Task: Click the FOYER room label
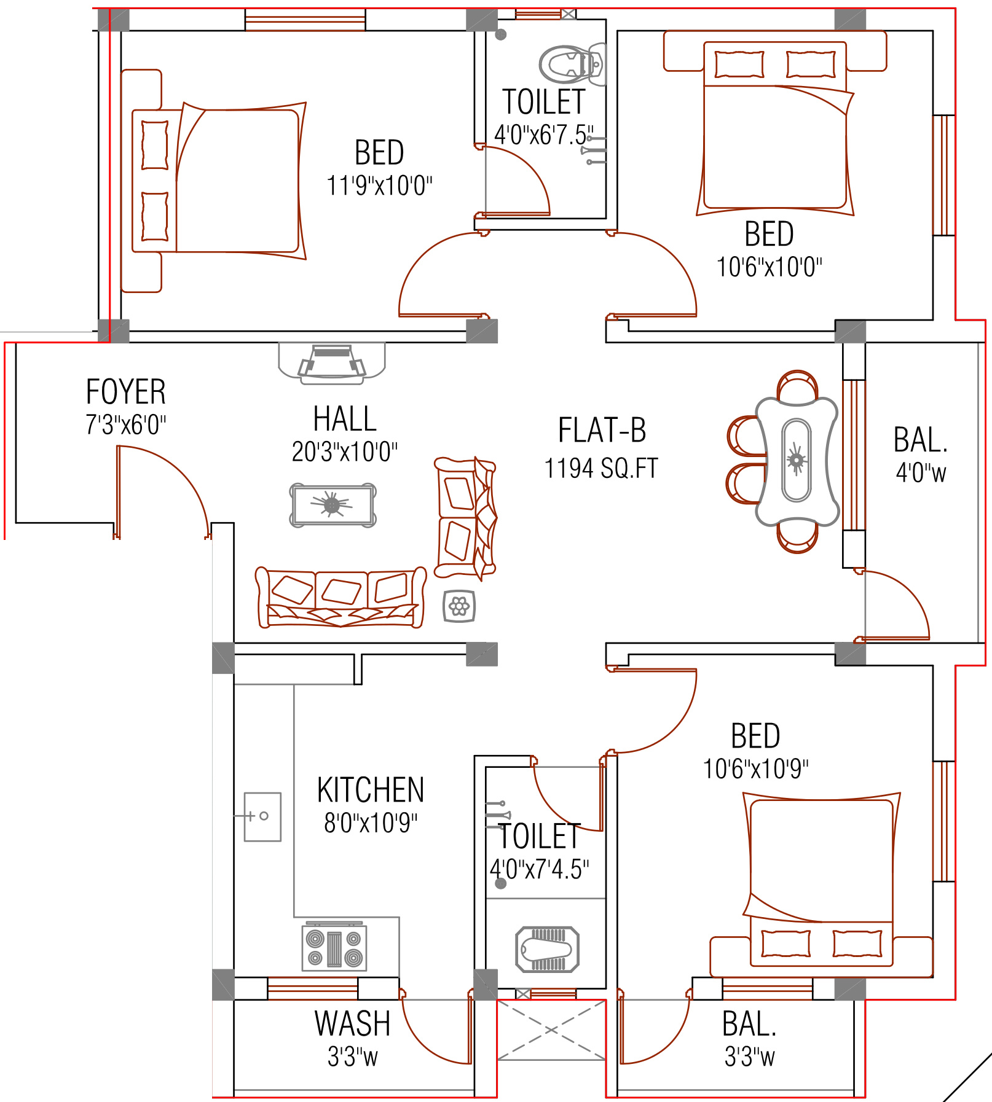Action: click(126, 392)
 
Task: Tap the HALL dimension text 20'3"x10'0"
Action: click(345, 452)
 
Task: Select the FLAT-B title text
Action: click(602, 430)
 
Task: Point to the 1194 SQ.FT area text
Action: click(601, 469)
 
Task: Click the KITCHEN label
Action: click(371, 790)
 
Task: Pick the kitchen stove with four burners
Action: click(334, 947)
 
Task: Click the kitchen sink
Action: click(262, 817)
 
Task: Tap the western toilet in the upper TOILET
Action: click(572, 64)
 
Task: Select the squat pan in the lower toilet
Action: click(547, 950)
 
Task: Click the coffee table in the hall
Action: click(333, 506)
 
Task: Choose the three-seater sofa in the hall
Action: click(341, 597)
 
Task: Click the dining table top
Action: click(797, 461)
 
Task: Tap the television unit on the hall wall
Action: click(332, 362)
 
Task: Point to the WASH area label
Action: click(352, 1023)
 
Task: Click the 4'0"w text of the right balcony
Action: click(921, 473)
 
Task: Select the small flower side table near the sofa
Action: click(459, 607)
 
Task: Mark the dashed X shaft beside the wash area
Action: click(551, 1031)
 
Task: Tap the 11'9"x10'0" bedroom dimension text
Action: click(379, 186)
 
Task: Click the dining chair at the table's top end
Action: click(797, 386)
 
